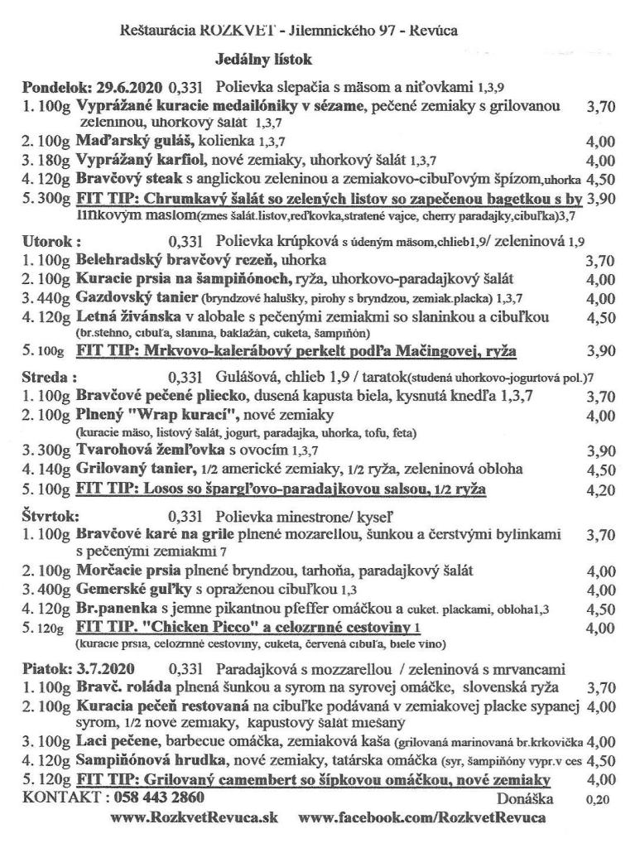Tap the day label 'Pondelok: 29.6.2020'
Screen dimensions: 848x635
coord(93,86)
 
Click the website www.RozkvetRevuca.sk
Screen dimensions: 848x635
coord(195,818)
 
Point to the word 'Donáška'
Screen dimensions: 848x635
coord(525,799)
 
